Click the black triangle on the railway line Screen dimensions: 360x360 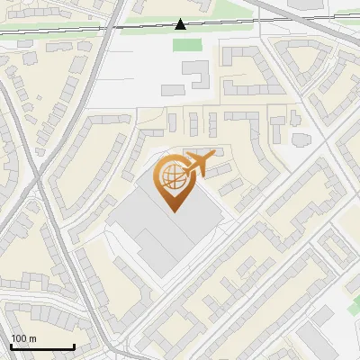tap(181, 24)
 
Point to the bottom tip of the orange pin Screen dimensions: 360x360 tap(175, 211)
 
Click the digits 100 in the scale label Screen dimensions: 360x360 tap(19, 337)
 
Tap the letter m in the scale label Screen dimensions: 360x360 tap(32, 337)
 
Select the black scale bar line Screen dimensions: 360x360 tap(41, 346)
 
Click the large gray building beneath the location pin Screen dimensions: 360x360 tap(166, 236)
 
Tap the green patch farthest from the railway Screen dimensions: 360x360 tap(354, 307)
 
